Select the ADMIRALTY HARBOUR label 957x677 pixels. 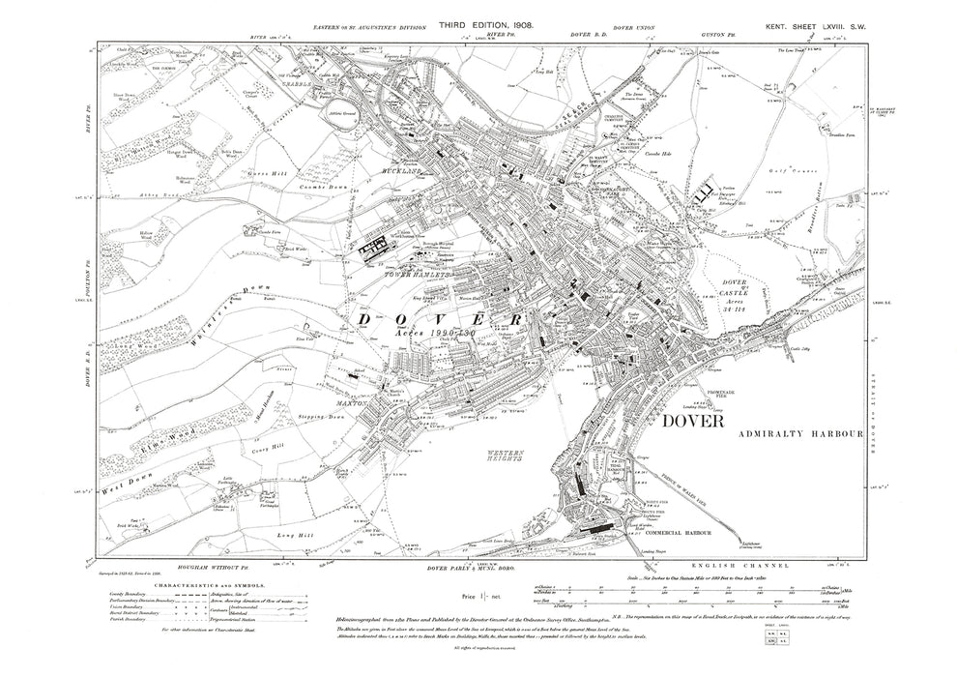pos(797,436)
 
